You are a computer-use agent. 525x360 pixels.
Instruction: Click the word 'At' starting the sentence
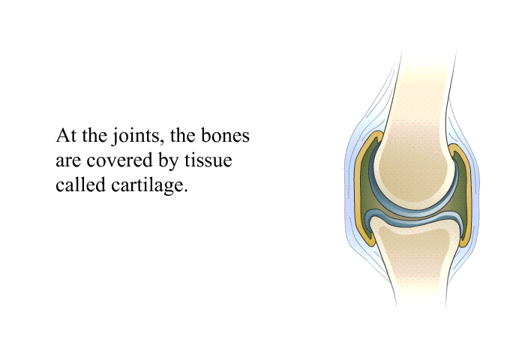click(x=67, y=136)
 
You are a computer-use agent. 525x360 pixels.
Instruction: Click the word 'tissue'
click(x=208, y=160)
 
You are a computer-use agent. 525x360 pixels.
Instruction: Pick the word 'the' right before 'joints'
click(x=94, y=136)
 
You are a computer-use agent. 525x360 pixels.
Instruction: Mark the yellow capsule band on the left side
click(x=359, y=187)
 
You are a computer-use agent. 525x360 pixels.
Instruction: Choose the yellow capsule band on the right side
click(x=468, y=194)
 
